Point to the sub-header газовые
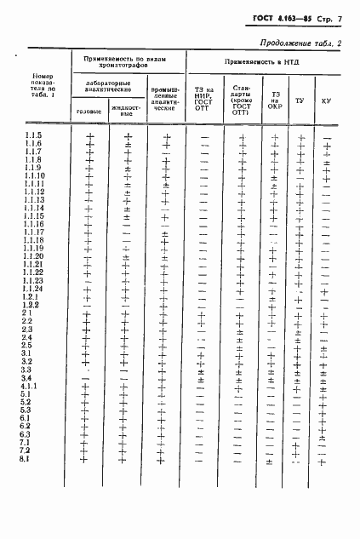89,112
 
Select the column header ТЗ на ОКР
274,101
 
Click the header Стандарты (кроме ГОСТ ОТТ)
243,100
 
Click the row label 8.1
26,459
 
